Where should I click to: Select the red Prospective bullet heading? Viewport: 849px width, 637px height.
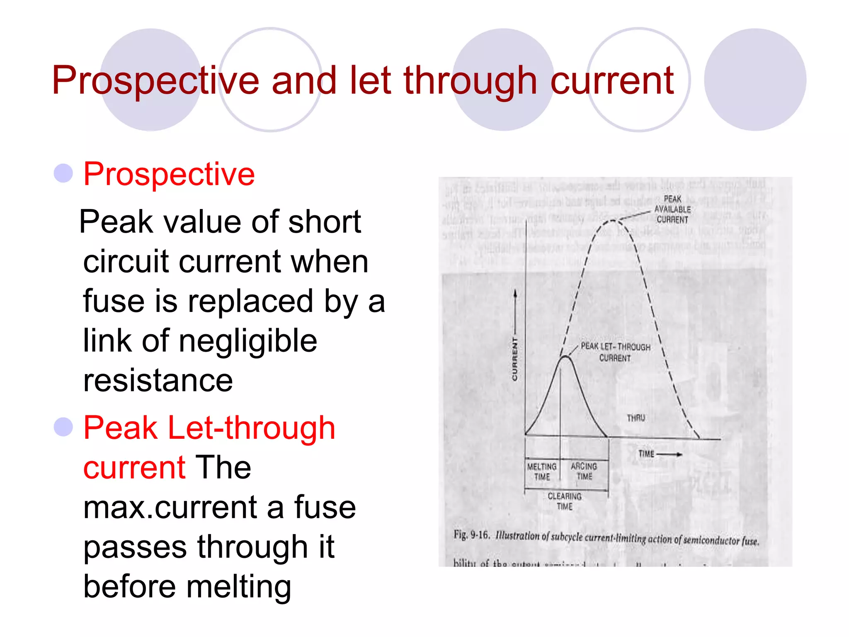point(169,174)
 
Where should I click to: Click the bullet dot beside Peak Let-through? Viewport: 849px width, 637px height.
point(63,427)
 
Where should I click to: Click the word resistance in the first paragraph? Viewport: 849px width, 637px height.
point(158,380)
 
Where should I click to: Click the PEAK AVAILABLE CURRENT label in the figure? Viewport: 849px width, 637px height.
point(672,209)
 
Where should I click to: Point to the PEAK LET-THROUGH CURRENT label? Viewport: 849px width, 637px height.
point(615,352)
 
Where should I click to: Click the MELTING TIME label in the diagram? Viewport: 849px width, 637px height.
point(542,472)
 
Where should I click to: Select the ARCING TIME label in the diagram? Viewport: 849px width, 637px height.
point(584,471)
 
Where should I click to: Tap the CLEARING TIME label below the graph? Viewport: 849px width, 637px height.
point(565,501)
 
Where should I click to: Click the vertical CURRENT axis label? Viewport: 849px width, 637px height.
point(514,359)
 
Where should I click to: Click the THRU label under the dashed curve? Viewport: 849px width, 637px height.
point(636,418)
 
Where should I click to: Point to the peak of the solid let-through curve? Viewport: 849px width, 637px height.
point(565,356)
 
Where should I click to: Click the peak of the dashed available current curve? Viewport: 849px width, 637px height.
point(613,221)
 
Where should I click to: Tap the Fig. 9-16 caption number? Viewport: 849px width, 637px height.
point(471,535)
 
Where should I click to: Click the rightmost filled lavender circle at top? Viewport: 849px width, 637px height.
point(755,80)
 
